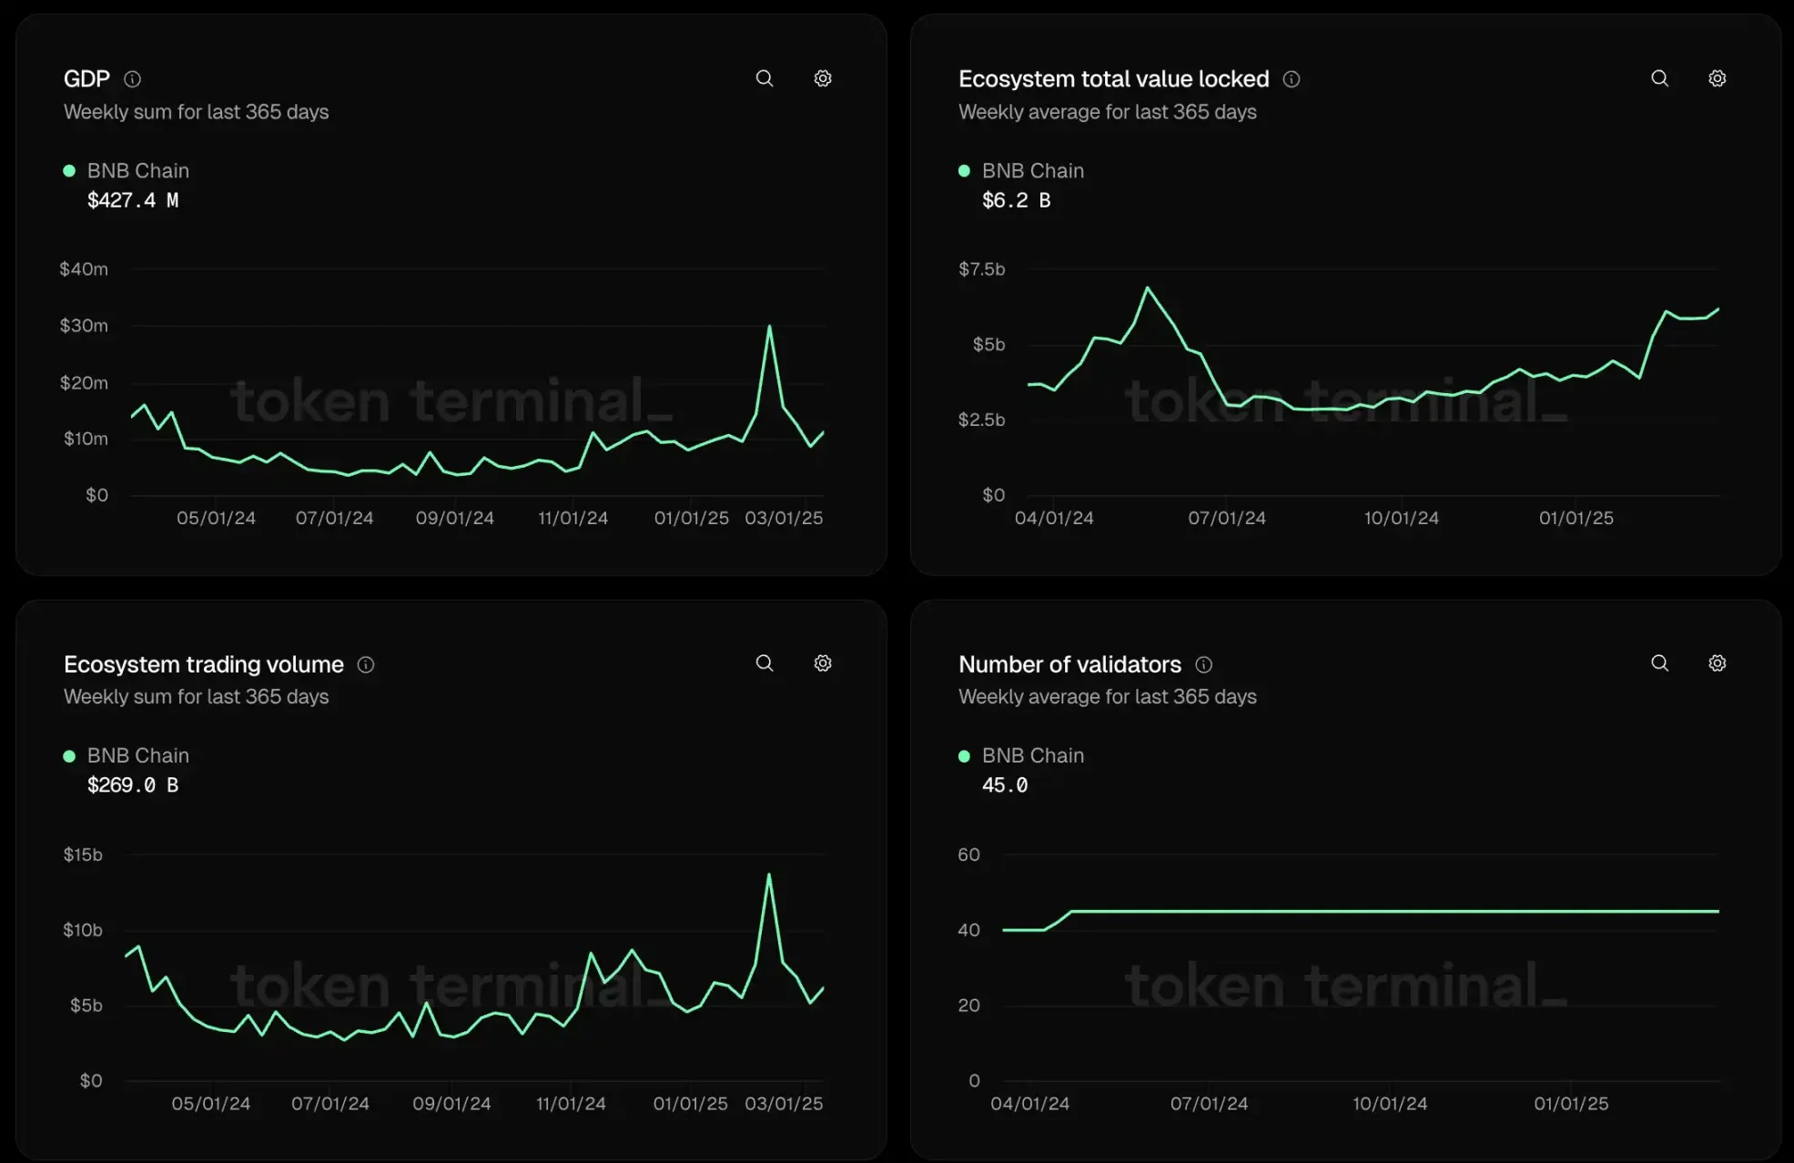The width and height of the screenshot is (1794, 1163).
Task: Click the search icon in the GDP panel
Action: tap(765, 78)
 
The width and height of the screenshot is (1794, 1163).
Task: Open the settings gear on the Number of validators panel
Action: tap(1717, 663)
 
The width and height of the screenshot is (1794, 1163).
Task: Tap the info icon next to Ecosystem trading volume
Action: tap(366, 665)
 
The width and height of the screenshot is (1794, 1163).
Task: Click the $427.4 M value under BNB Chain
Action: tap(133, 200)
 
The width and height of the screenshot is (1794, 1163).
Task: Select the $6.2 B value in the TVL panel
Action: tap(1016, 200)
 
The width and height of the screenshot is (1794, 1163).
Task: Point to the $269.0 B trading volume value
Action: tap(133, 785)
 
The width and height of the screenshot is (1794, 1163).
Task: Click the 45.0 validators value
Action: tap(1005, 785)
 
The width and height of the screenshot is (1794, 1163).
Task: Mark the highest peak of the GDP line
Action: tap(769, 326)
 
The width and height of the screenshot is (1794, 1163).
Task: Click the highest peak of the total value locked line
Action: tap(1147, 288)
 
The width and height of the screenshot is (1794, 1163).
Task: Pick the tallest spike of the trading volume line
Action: tap(769, 875)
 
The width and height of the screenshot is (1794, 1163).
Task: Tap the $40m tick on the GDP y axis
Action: tap(84, 269)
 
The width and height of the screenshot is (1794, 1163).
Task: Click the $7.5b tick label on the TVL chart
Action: tap(981, 269)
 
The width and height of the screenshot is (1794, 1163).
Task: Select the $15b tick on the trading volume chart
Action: tap(83, 855)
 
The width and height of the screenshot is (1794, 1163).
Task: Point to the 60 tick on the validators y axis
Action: tap(968, 855)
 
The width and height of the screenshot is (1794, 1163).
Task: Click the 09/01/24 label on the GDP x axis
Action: tap(454, 518)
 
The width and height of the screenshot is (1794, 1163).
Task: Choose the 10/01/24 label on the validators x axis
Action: tap(1389, 1104)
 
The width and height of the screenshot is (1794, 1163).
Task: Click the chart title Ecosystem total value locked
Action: tap(1113, 79)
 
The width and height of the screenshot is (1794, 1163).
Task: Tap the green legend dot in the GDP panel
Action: tap(69, 171)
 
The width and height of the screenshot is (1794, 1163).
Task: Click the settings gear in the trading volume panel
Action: tap(822, 663)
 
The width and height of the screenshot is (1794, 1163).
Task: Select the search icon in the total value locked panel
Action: tap(1659, 78)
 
